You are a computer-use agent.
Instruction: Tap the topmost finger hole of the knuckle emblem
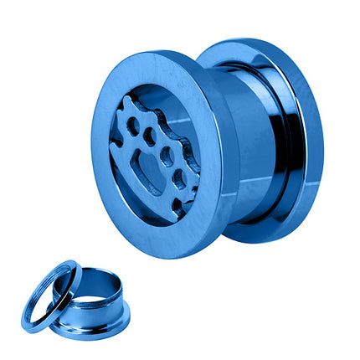click(132, 126)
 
